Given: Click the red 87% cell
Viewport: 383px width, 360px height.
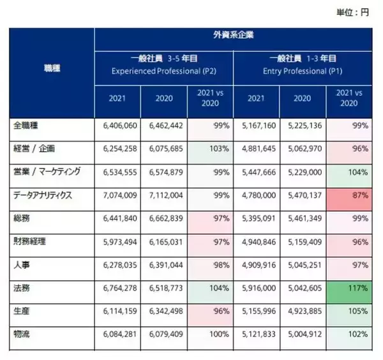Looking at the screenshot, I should click(x=349, y=195).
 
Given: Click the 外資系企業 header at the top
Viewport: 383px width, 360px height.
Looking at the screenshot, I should click(x=232, y=35).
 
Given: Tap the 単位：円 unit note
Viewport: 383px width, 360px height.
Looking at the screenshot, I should click(x=353, y=11).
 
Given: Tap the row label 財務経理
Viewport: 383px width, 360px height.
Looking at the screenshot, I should click(x=31, y=242).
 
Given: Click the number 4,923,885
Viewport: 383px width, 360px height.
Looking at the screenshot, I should click(x=304, y=311).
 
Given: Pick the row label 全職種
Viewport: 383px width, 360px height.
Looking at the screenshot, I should click(x=26, y=126).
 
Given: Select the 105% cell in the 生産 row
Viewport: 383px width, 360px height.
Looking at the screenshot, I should click(x=349, y=311).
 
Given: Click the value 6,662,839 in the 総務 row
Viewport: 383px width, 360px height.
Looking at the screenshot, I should click(x=165, y=218).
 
